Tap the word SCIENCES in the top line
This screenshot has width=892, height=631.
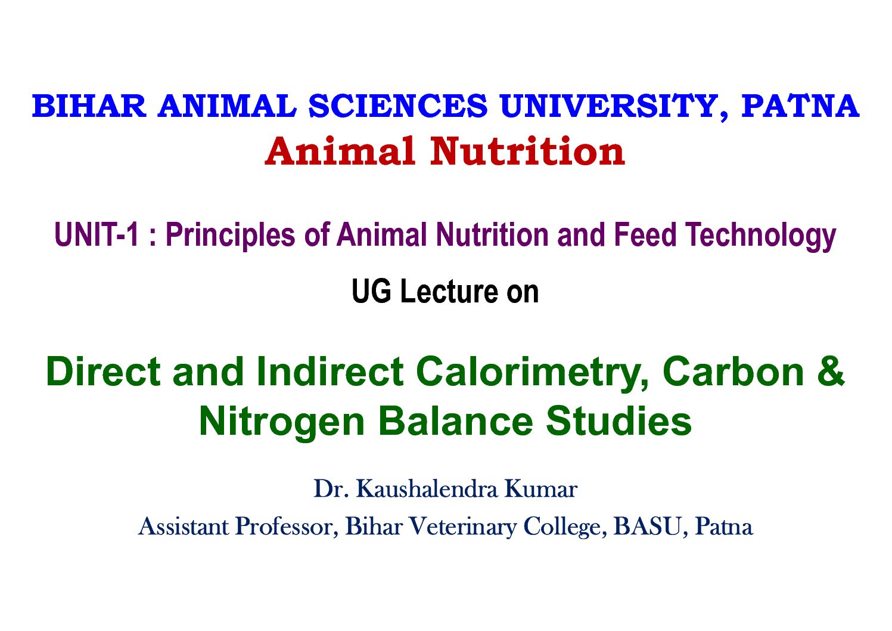[x=398, y=106]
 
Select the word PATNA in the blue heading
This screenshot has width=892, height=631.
[x=800, y=106]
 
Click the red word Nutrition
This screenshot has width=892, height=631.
[x=527, y=151]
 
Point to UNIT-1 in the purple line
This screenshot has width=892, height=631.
[x=97, y=235]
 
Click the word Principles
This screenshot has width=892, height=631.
[x=231, y=236]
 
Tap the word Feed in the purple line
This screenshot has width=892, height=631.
[x=645, y=234]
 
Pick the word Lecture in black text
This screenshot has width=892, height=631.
[x=449, y=292]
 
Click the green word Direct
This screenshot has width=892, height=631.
[x=103, y=372]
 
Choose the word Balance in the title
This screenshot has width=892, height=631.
[x=456, y=421]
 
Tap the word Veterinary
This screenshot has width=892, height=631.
[x=462, y=527]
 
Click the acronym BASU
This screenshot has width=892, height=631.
[x=648, y=527]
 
